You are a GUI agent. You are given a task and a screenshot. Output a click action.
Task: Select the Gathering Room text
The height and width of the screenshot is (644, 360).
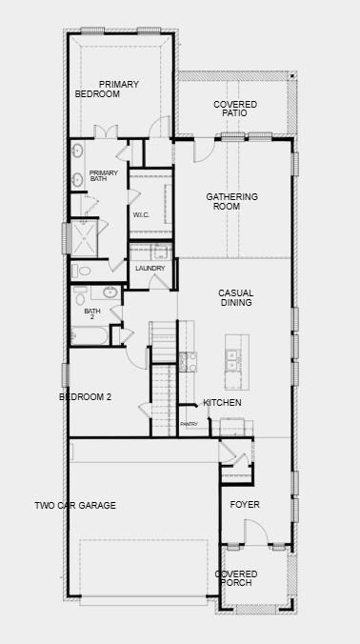click(x=231, y=201)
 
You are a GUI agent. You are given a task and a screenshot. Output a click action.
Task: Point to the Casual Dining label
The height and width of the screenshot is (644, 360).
click(x=235, y=298)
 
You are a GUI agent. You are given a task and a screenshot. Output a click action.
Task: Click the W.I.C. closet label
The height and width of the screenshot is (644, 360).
click(x=142, y=214)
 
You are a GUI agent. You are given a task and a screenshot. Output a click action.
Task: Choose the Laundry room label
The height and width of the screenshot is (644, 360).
click(x=150, y=269)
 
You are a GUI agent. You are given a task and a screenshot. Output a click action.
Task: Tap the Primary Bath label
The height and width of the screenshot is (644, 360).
click(x=104, y=175)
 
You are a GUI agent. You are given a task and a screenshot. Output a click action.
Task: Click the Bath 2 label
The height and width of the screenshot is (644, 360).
click(x=92, y=313)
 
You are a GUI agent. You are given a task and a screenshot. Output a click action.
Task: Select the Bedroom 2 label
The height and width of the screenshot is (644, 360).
click(x=86, y=396)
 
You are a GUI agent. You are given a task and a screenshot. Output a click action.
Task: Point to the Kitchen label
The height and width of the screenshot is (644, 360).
click(x=222, y=403)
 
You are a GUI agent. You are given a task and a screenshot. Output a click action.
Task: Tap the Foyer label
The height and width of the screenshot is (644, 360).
click(x=245, y=504)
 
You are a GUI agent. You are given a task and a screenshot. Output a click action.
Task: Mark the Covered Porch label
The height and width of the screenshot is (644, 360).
click(x=235, y=577)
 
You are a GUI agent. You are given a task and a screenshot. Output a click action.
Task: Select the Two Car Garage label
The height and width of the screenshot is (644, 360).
click(x=75, y=505)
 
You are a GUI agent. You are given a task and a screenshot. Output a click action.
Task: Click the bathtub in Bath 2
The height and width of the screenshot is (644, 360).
click(x=90, y=335)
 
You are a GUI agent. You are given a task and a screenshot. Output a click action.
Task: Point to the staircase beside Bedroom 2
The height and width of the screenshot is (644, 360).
click(x=164, y=391)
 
